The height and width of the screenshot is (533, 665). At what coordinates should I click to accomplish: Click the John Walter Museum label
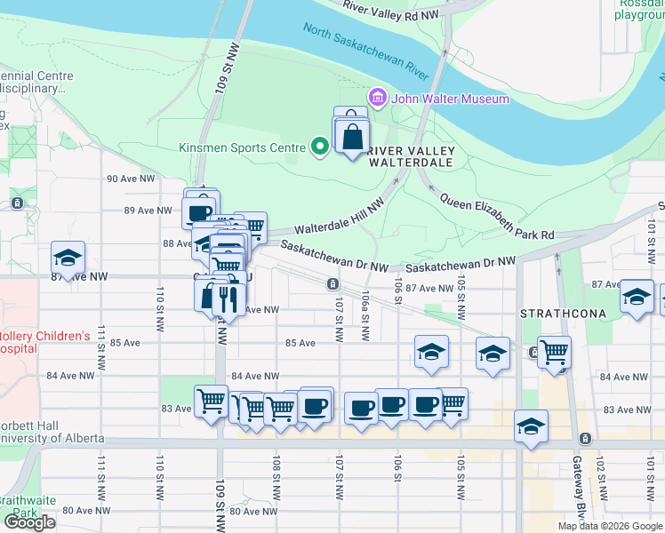(450, 99)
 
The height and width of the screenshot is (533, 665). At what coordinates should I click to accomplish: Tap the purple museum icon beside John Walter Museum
(377, 97)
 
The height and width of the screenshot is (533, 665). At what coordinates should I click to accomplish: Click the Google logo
(30, 521)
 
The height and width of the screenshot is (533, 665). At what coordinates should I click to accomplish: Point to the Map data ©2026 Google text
(609, 526)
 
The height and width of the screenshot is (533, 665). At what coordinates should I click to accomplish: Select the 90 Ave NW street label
(127, 179)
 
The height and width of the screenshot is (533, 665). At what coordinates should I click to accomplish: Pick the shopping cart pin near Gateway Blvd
(554, 352)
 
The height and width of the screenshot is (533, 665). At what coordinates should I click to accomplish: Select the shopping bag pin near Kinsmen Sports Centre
(352, 137)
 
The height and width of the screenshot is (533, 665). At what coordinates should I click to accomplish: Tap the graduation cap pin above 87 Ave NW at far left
(68, 258)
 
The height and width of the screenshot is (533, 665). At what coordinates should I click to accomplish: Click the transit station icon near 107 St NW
(332, 284)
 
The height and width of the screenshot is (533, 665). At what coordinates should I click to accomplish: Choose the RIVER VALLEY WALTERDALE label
(411, 156)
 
